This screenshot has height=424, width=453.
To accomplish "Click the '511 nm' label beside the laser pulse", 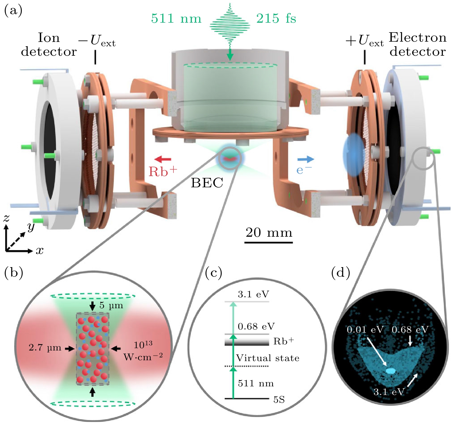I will click(x=176, y=19).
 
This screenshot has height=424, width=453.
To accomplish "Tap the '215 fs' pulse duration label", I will click(x=276, y=19).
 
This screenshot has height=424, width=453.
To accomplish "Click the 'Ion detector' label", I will click(x=49, y=45).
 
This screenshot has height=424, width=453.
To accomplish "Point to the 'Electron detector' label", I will click(x=418, y=45).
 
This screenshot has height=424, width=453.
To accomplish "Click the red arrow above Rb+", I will click(x=163, y=159).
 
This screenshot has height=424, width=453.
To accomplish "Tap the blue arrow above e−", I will click(x=305, y=159).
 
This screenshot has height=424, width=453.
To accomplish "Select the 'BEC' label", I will click(x=207, y=183).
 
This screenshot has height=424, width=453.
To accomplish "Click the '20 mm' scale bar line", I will click(x=268, y=243).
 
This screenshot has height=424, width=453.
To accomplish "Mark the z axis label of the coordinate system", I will click(x=6, y=218).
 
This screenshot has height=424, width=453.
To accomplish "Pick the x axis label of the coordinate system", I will click(x=40, y=250).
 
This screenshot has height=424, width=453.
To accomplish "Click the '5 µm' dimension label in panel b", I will click(x=111, y=305).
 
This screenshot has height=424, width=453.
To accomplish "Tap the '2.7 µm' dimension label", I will click(x=45, y=348).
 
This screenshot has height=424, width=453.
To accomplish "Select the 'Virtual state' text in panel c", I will click(x=267, y=358).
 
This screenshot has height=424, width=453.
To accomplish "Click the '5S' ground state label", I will click(x=279, y=400).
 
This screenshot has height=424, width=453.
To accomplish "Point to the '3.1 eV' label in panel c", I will click(x=253, y=294).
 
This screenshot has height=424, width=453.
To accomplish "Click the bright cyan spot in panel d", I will click(x=390, y=371).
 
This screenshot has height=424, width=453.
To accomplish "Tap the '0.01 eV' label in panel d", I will click(x=365, y=330).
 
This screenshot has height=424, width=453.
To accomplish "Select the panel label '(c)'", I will click(x=214, y=273).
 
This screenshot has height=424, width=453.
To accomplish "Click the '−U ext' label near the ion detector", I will click(x=97, y=41).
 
